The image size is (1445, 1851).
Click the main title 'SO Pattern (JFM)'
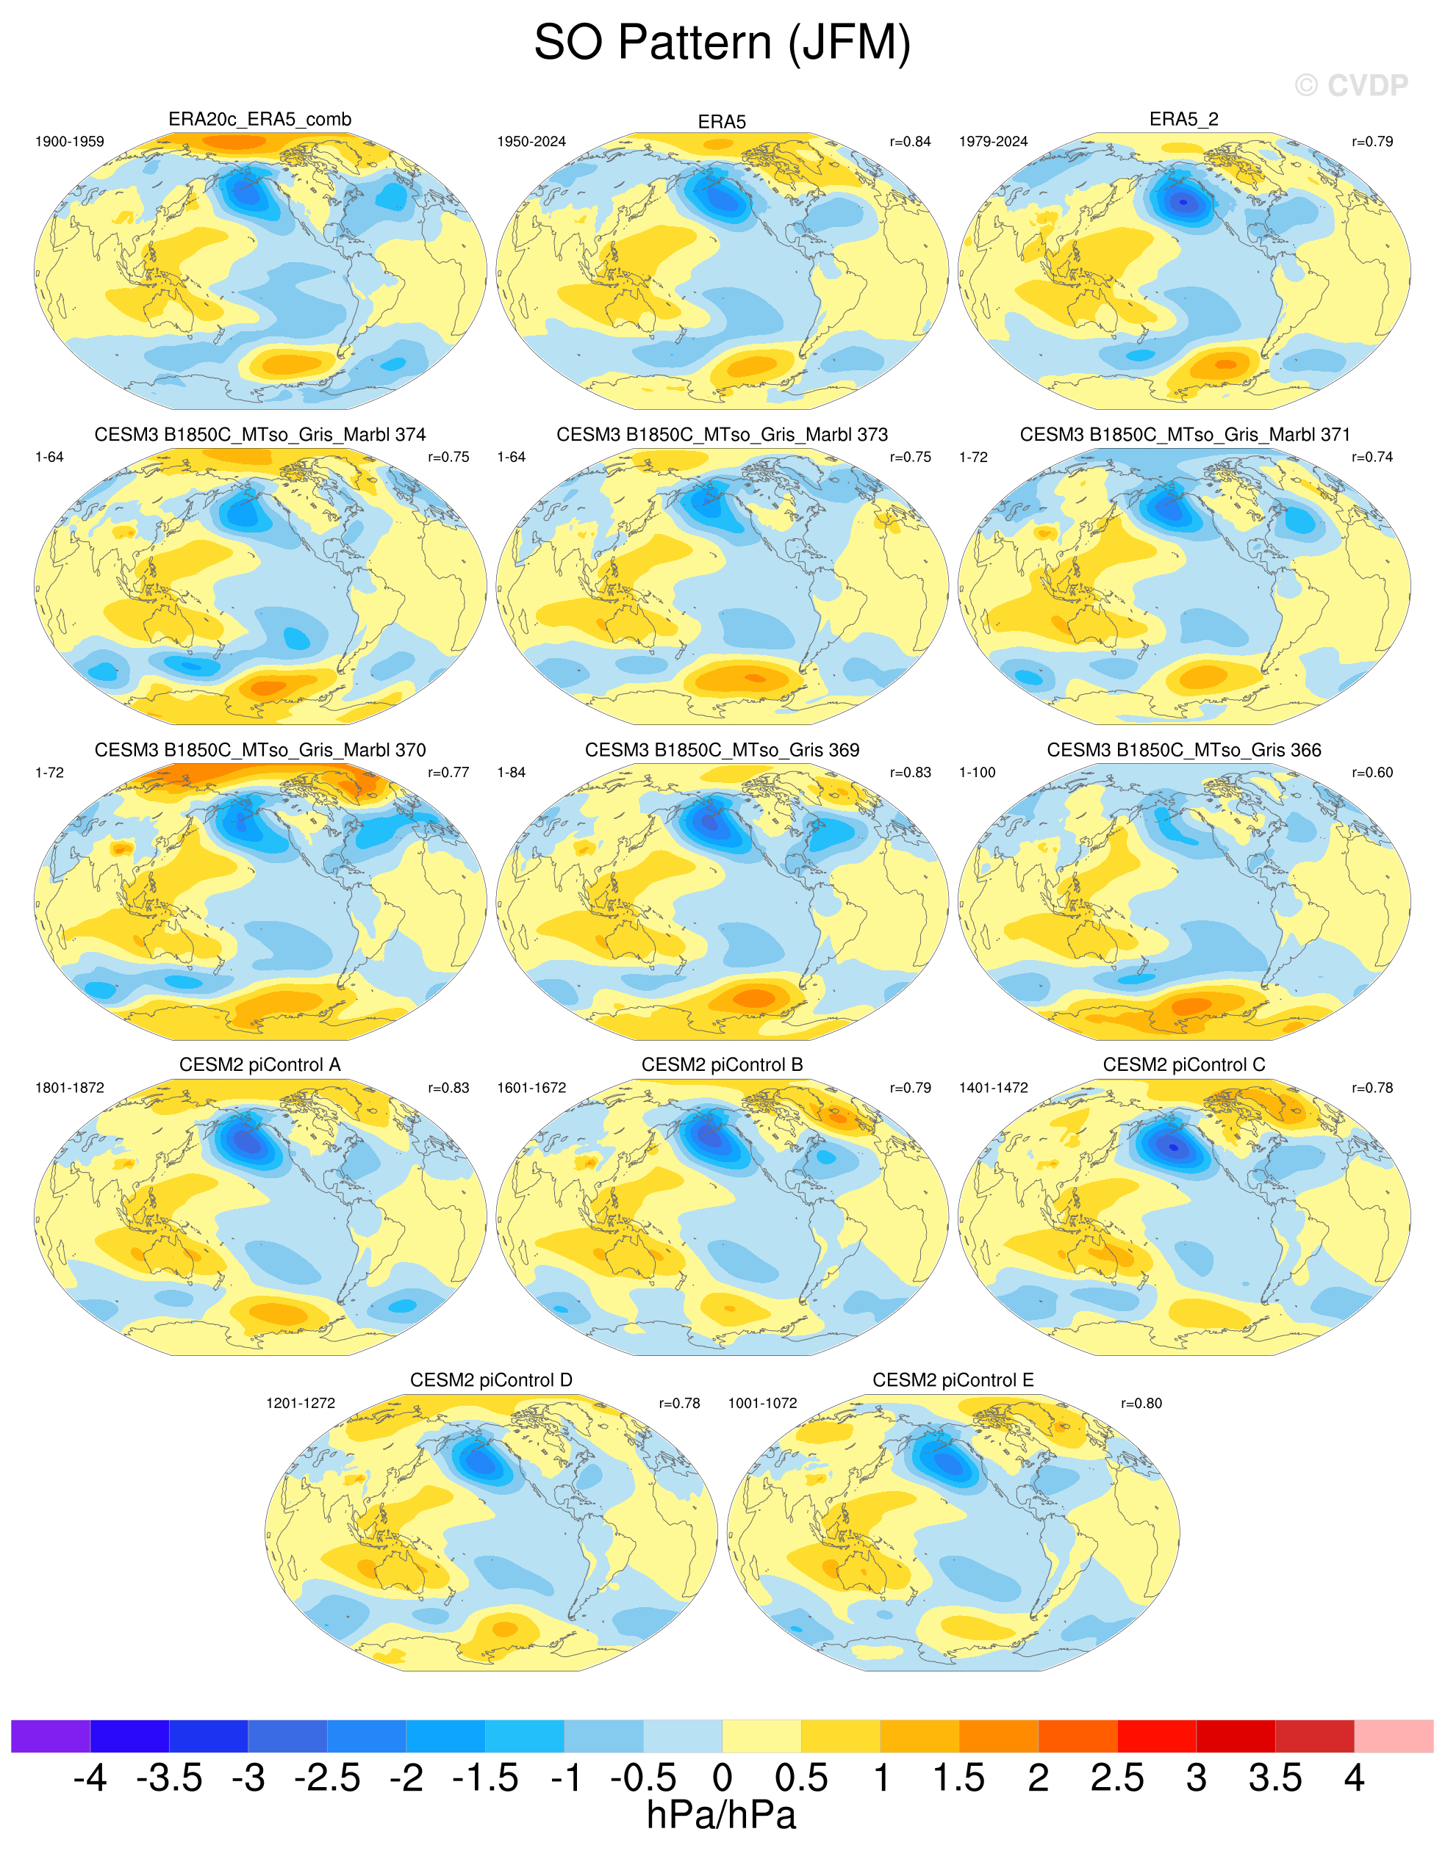722,43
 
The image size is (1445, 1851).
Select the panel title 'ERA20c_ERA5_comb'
259,120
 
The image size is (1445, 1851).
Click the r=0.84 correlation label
910,142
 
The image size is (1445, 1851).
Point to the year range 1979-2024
993,142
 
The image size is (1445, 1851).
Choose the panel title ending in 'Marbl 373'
722,435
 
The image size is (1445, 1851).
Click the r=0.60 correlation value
1372,772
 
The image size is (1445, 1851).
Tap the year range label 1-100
977,772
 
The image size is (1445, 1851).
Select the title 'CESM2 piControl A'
259,1064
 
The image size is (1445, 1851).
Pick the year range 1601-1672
531,1087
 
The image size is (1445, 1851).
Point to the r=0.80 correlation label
1141,1403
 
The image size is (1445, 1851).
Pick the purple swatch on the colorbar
51,1736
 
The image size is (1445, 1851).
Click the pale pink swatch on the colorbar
1394,1736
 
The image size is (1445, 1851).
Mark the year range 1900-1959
70,142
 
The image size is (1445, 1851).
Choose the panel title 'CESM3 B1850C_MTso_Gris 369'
722,750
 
